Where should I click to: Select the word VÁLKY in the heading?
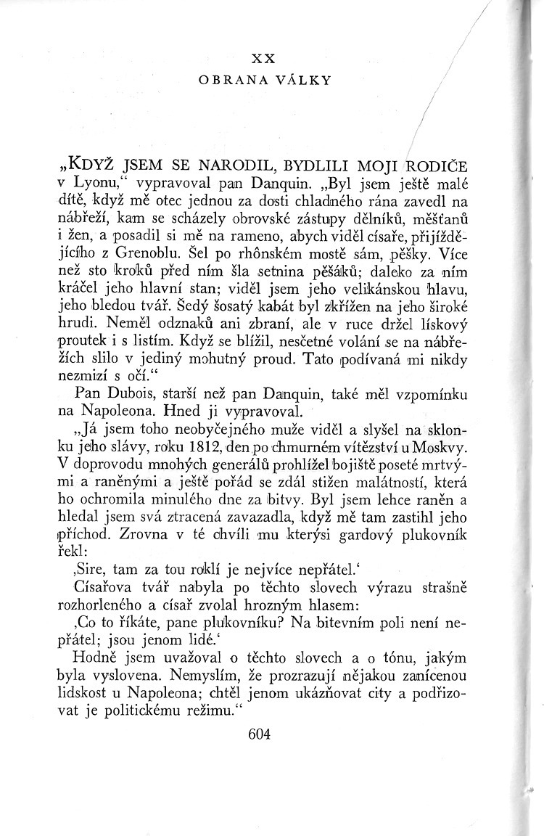tap(307, 81)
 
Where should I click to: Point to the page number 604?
tap(258, 734)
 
